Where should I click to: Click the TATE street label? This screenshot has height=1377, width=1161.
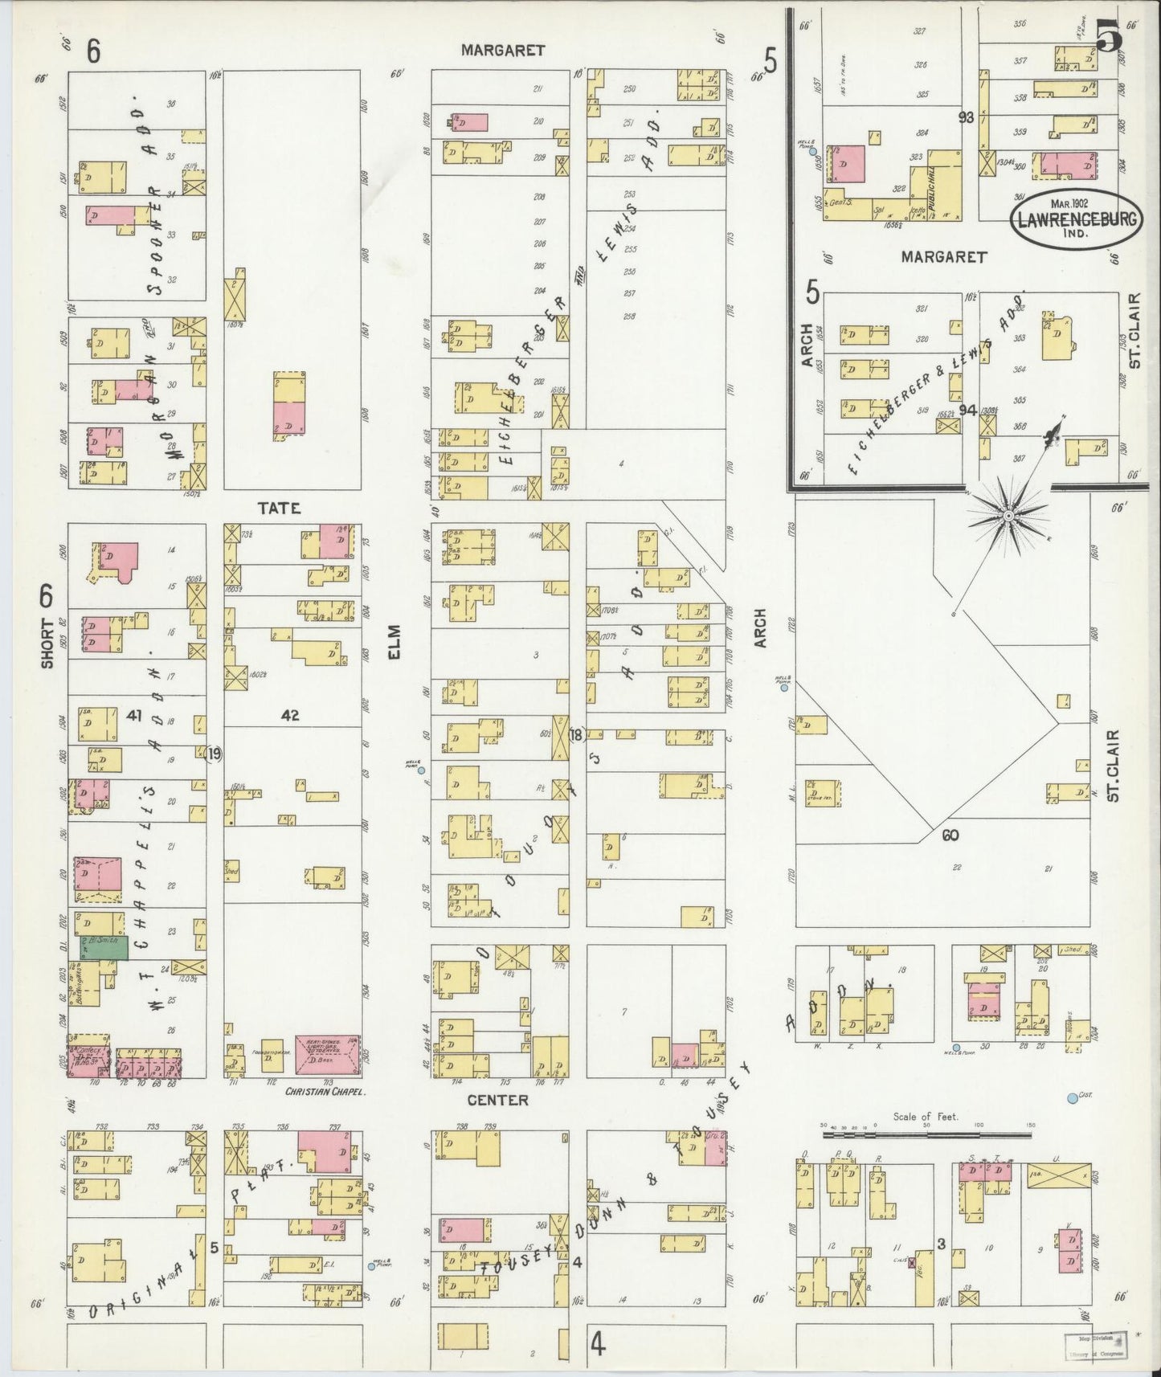coord(279,508)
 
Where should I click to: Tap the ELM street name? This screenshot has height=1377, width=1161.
coord(394,644)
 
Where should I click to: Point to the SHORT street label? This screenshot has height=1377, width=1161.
coord(47,643)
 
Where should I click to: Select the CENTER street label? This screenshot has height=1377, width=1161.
coord(498,1100)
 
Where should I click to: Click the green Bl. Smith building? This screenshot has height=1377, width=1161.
coord(102,948)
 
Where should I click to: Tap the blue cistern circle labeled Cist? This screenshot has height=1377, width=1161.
coord(1072,1098)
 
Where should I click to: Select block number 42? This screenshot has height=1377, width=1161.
coord(290,714)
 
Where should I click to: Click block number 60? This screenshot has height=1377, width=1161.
coord(950,836)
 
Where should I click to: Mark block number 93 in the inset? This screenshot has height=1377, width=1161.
coord(966,117)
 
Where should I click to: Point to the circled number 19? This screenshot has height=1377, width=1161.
coord(213,754)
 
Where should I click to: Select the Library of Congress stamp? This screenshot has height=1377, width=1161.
coord(1095,1344)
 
